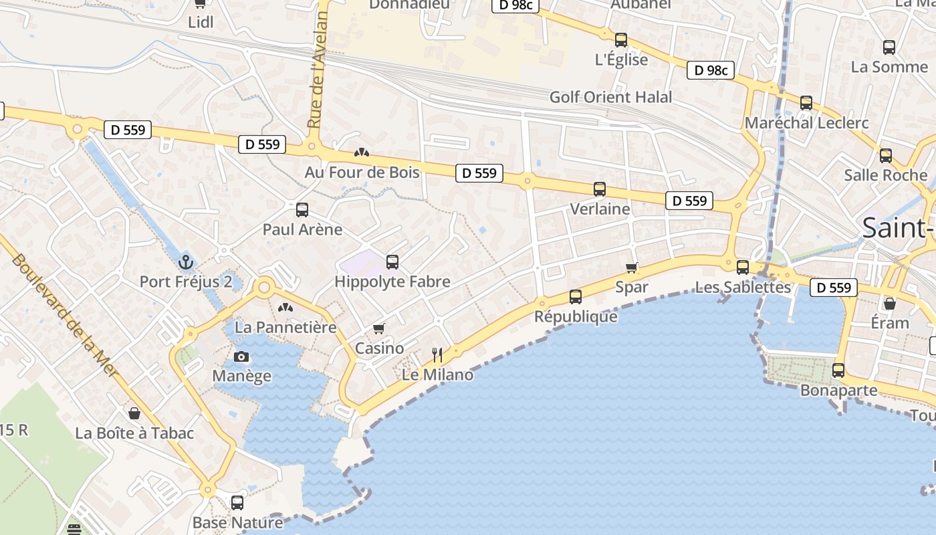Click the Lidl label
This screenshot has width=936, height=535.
click(x=201, y=22)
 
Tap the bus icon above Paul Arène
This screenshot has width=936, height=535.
click(x=302, y=210)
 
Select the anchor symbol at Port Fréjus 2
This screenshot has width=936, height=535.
click(x=186, y=261)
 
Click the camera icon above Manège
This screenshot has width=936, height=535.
click(x=241, y=356)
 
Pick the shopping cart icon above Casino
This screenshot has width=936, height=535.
click(x=379, y=328)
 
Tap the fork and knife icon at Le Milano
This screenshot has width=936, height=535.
click(x=437, y=354)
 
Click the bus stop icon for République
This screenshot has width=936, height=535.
click(x=576, y=296)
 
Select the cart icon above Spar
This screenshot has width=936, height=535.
click(x=631, y=267)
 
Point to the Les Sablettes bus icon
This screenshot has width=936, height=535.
click(x=742, y=267)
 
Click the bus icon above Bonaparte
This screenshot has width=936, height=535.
click(x=838, y=370)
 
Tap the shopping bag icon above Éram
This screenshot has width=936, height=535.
click(x=890, y=304)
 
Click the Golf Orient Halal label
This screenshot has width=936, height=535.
click(x=610, y=97)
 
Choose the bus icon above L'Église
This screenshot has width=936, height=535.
click(x=621, y=40)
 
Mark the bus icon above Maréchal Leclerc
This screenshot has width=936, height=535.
click(x=806, y=103)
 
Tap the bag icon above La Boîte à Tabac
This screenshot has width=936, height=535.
click(x=134, y=413)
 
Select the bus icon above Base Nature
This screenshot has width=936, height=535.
click(x=237, y=502)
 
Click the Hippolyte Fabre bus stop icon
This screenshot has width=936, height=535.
click(x=392, y=262)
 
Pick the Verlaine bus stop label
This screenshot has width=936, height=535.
click(x=600, y=209)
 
